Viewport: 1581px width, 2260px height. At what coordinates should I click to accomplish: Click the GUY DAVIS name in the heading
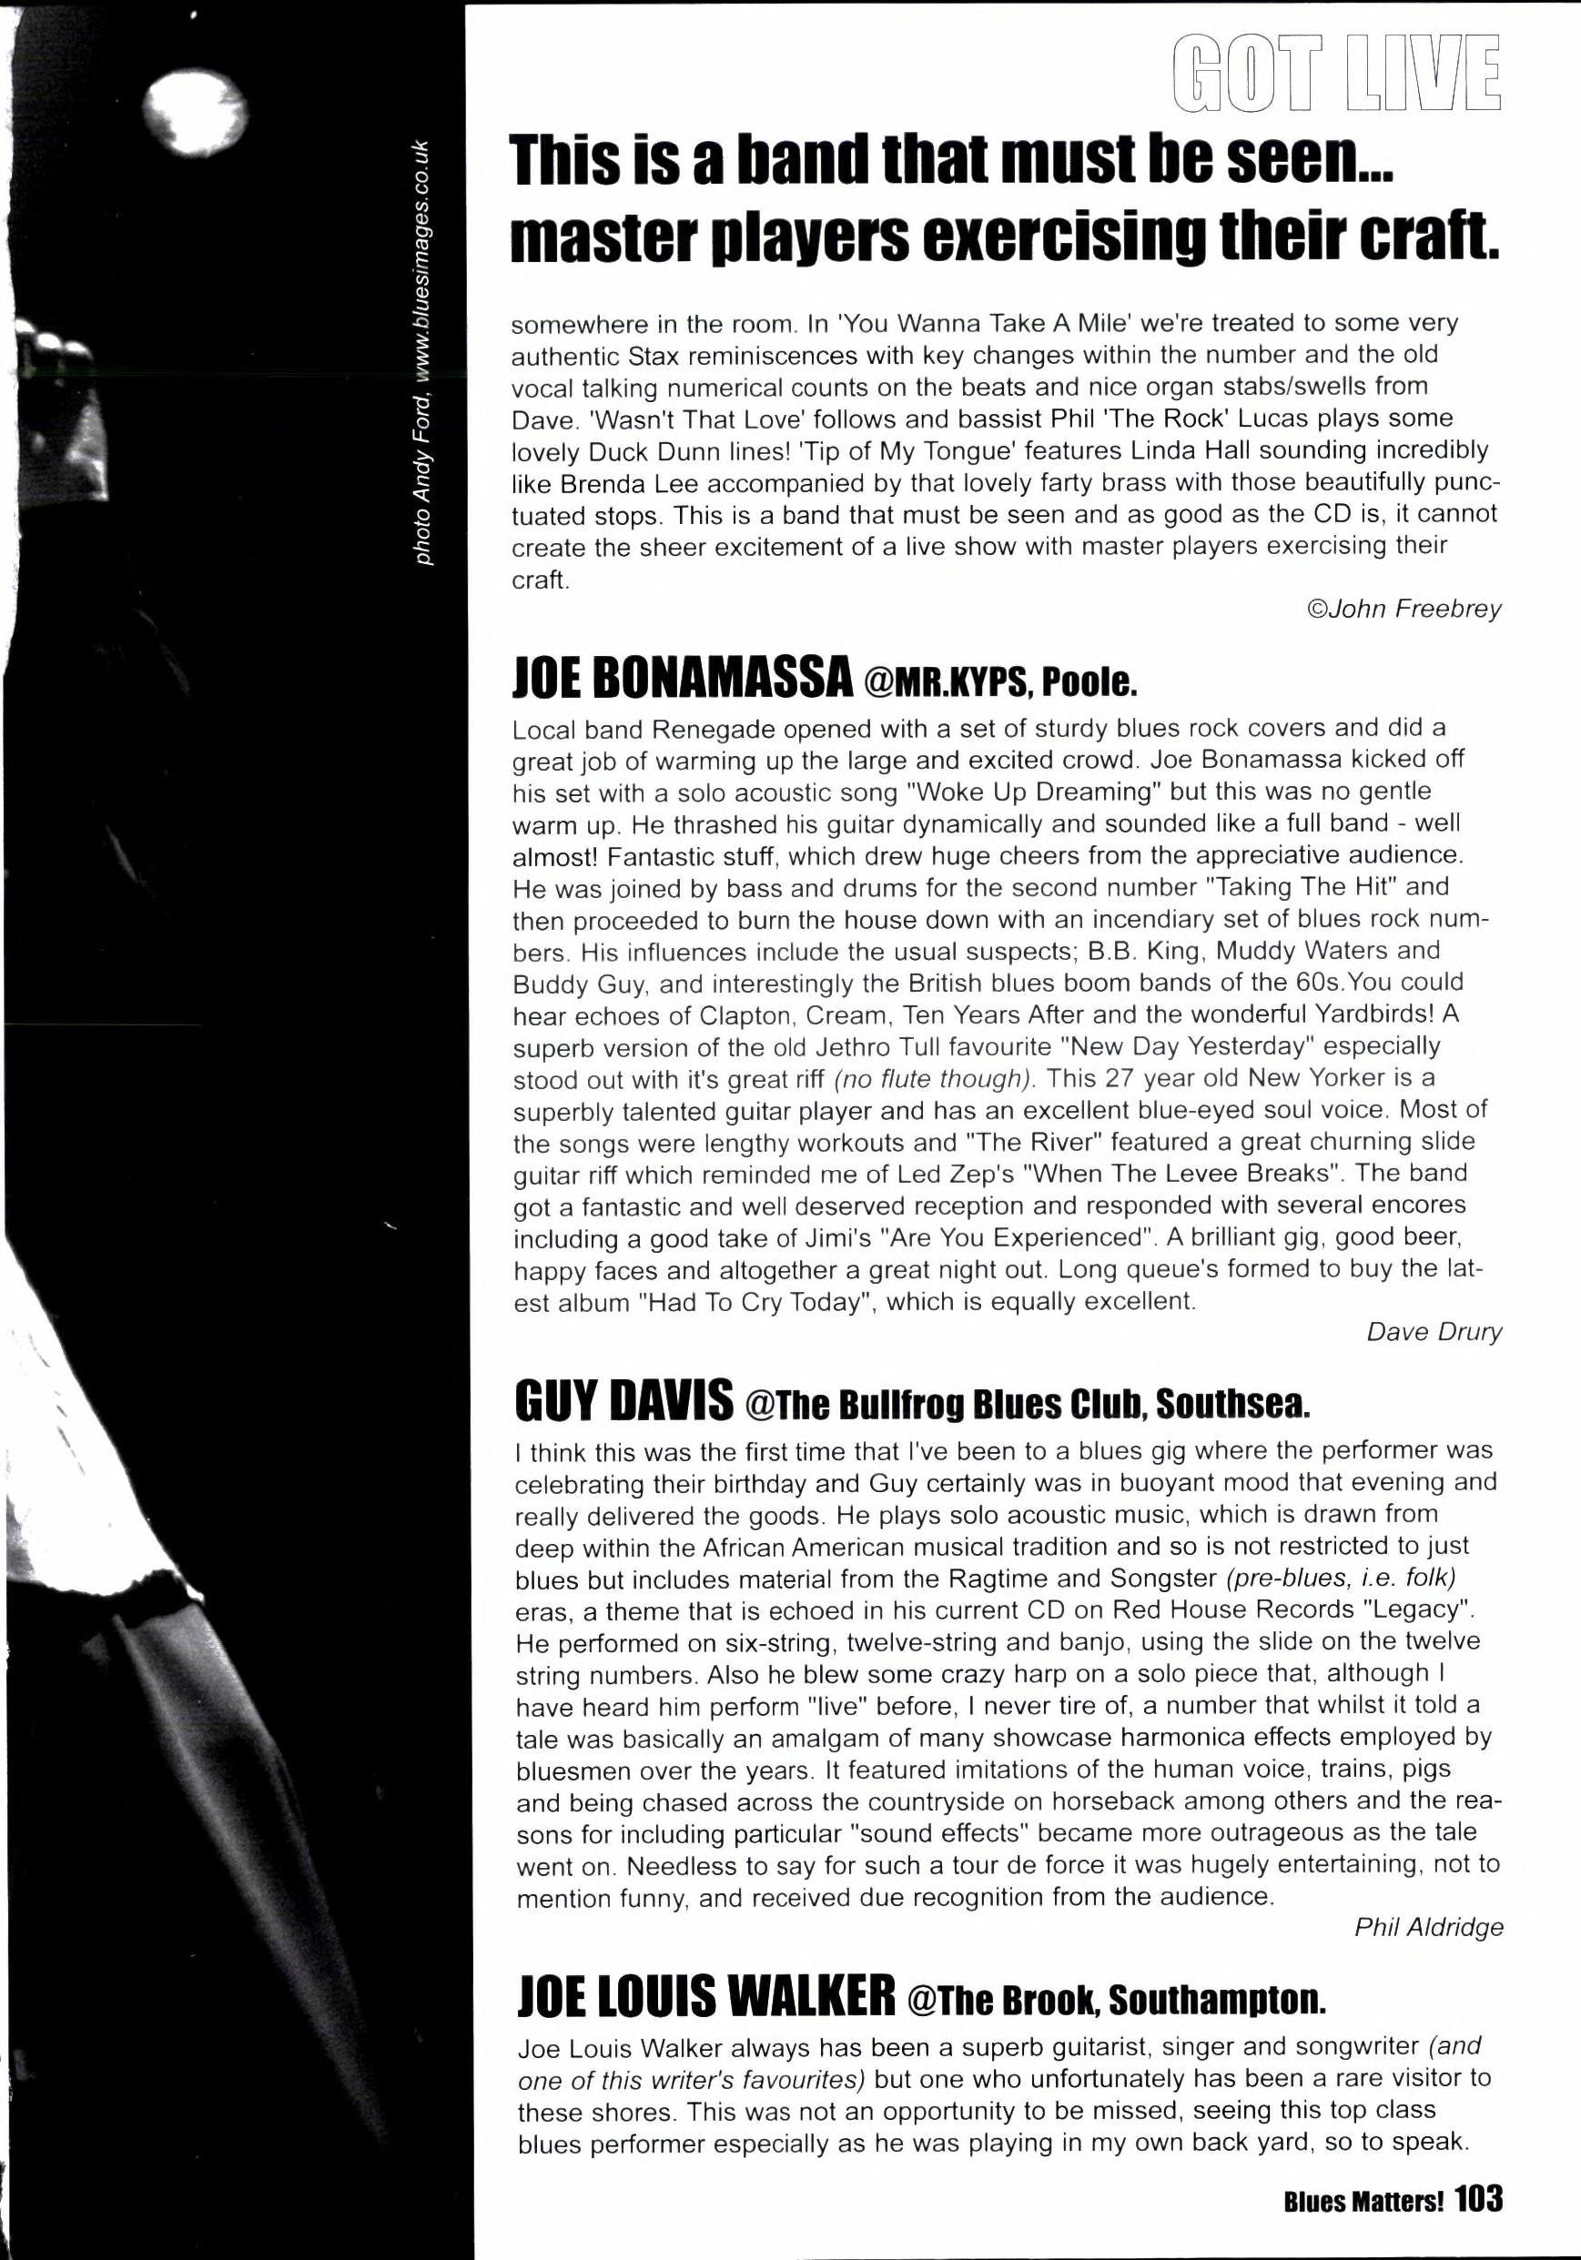pyautogui.click(x=623, y=1399)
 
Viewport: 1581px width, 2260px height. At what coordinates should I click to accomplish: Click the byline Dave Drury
pyautogui.click(x=1434, y=1332)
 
